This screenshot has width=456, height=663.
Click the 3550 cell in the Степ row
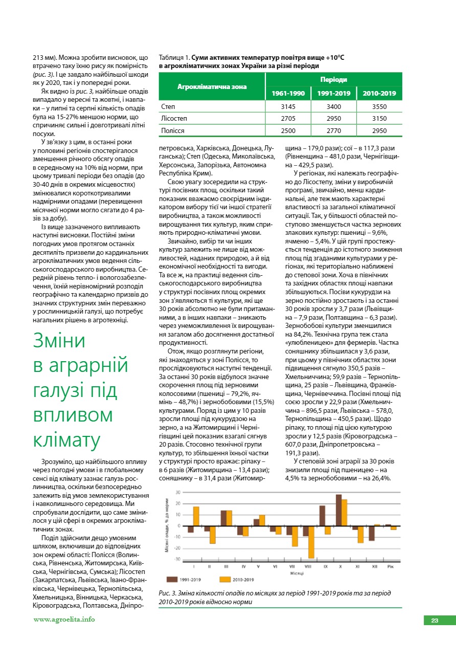click(379, 107)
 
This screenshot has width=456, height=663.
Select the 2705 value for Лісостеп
click(288, 119)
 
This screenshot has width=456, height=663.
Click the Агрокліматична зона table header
click(212, 86)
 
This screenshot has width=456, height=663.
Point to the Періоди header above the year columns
click(333, 80)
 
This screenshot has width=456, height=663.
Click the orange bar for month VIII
click(311, 542)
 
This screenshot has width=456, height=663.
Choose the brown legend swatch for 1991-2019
click(172, 580)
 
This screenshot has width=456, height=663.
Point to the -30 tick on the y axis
click(178, 559)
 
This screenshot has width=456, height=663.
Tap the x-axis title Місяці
click(290, 573)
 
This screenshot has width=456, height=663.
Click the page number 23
click(435, 621)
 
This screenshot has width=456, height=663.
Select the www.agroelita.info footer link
click(64, 620)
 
